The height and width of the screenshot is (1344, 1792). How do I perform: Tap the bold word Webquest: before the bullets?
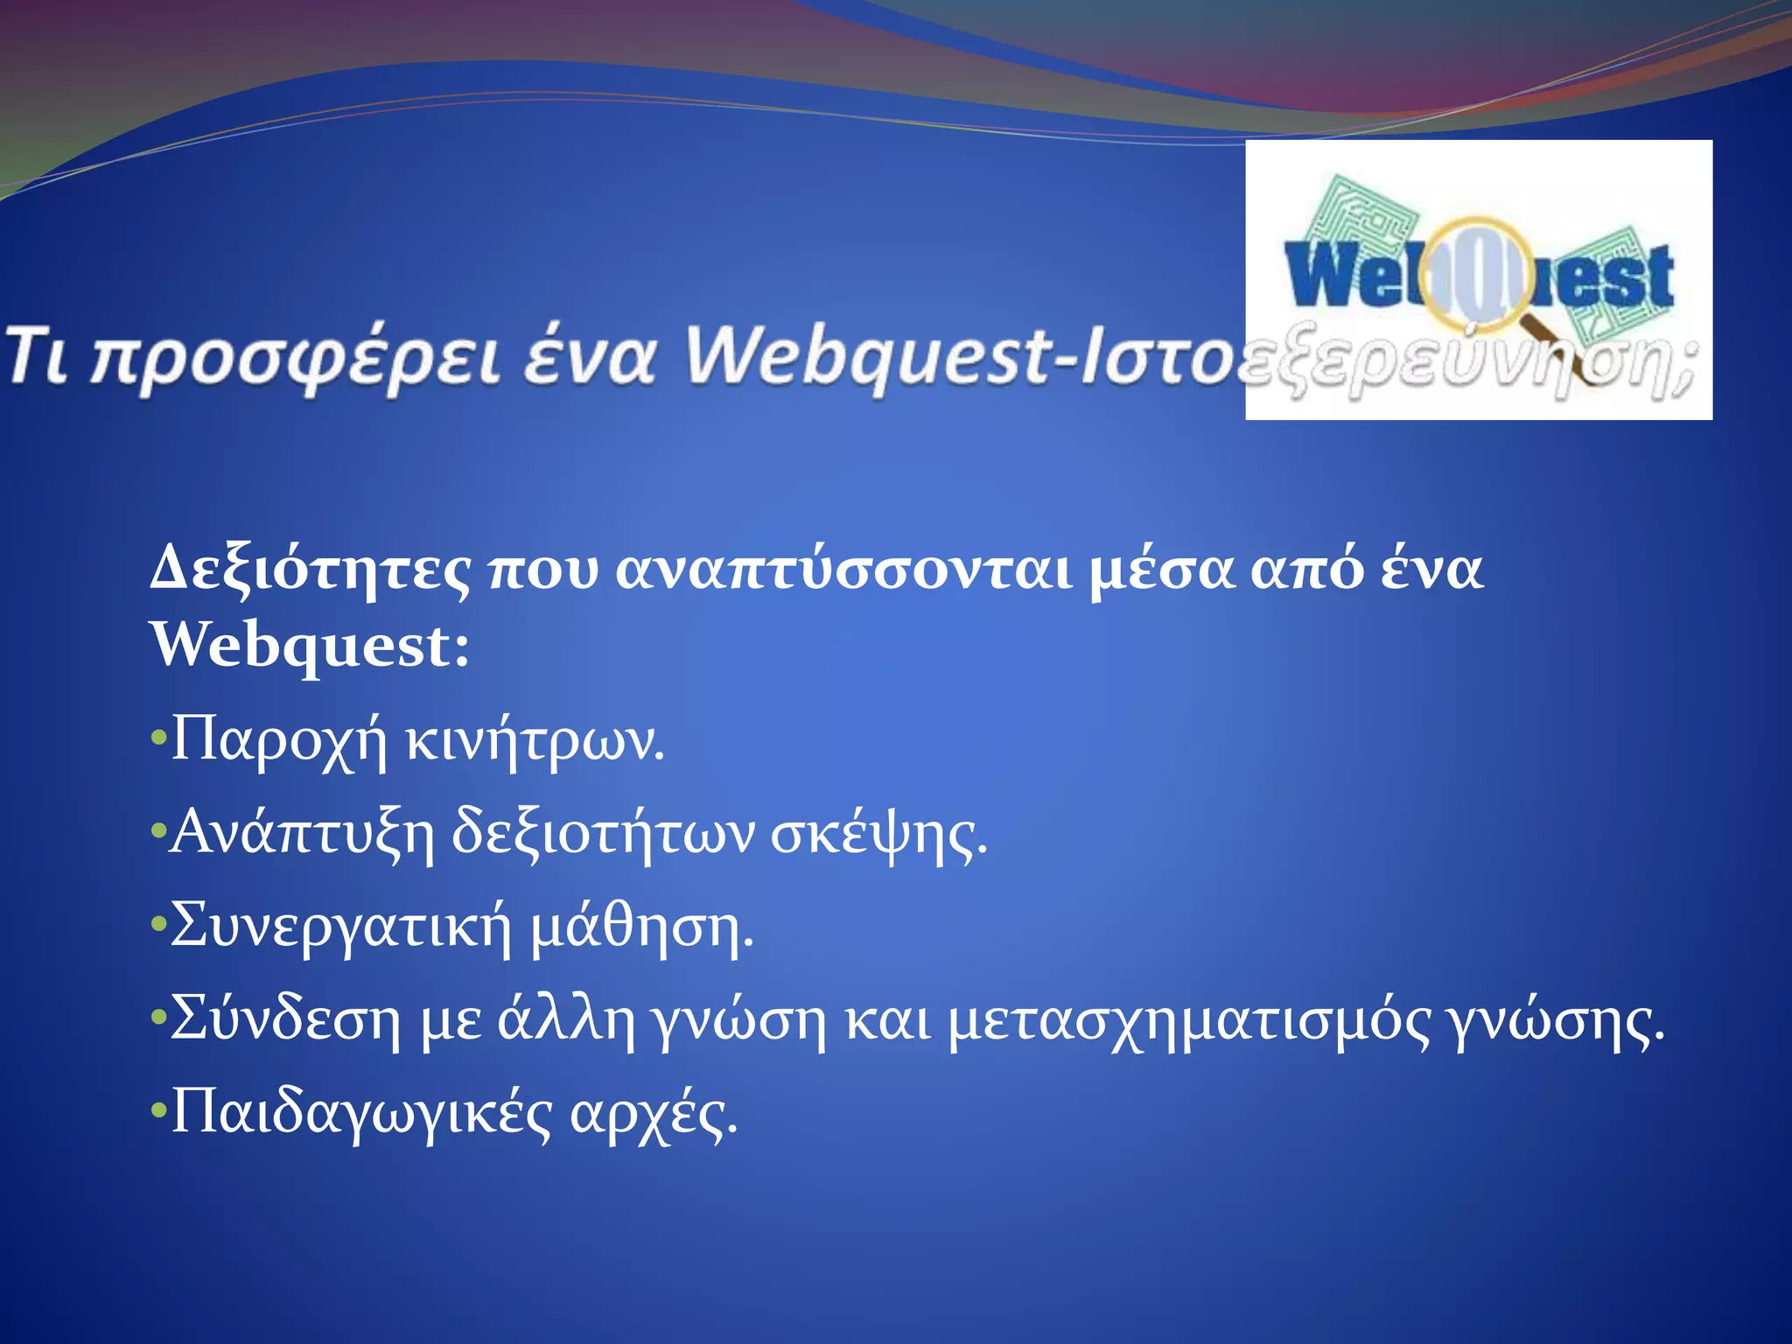click(x=310, y=646)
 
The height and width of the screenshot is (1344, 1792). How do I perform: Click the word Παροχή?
click(x=278, y=741)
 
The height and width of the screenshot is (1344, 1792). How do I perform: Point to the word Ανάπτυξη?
click(x=302, y=833)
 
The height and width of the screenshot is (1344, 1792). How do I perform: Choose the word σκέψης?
click(x=878, y=835)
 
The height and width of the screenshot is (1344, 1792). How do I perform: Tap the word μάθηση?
click(x=642, y=927)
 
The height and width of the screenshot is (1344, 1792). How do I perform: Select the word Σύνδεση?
click(x=285, y=1019)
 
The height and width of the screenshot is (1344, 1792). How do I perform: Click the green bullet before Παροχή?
click(x=158, y=738)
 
